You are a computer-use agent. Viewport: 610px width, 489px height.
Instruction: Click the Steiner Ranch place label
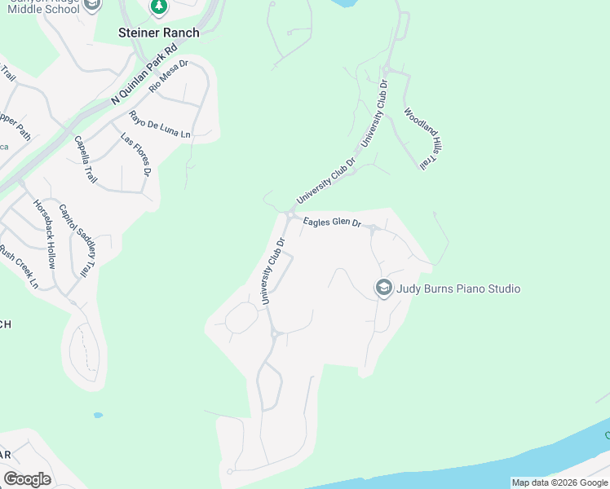158,33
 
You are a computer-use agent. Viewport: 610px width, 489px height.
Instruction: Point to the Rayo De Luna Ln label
160,123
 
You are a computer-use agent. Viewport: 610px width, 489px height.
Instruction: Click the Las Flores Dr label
136,155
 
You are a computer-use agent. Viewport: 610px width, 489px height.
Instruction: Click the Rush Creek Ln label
20,267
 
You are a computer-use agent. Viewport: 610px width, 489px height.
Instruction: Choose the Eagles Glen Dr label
332,222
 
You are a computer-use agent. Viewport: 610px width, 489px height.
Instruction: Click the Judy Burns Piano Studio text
458,289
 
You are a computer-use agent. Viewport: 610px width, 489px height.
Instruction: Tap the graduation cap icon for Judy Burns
383,288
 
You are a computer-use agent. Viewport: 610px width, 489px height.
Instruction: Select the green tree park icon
159,7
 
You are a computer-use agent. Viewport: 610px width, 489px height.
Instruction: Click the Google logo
27,479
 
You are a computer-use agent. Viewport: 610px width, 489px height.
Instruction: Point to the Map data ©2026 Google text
559,482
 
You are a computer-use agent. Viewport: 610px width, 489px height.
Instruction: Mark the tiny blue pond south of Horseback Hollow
98,415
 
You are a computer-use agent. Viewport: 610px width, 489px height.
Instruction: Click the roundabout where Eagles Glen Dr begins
291,214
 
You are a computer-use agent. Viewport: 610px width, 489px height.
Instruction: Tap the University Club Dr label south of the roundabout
273,271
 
